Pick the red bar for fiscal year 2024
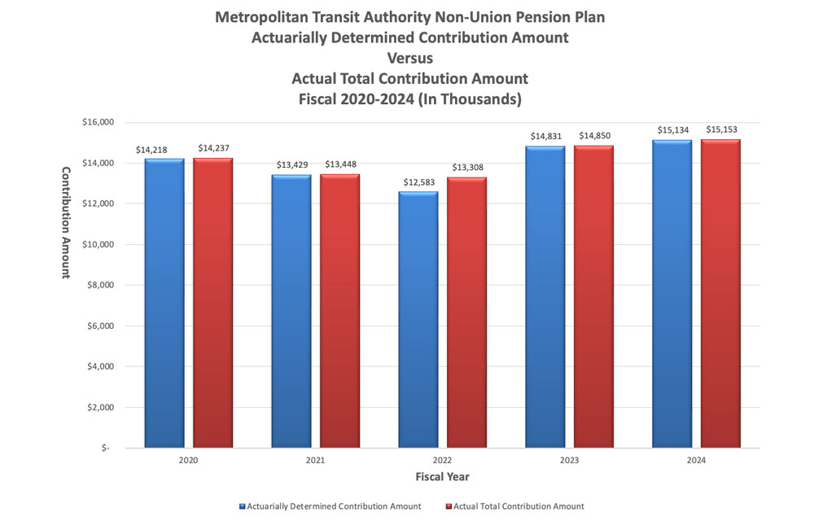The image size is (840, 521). click(720, 294)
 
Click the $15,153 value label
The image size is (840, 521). click(721, 129)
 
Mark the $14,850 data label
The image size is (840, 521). click(594, 135)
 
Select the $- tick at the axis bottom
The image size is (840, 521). click(107, 448)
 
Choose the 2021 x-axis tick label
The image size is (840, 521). click(315, 460)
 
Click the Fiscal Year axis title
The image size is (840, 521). click(442, 476)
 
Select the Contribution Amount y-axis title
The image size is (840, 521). click(66, 222)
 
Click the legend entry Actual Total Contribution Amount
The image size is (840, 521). click(518, 506)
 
